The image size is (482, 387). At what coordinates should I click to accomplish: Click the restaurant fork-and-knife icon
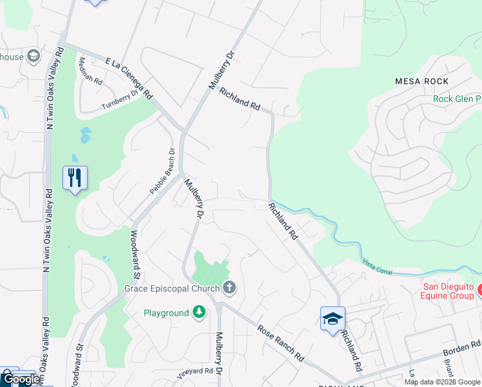coord(75,177)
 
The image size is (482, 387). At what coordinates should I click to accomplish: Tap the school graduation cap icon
coord(333,319)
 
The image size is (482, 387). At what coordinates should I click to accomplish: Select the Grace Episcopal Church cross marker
coord(228,287)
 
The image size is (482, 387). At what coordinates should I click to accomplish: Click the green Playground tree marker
coord(200,313)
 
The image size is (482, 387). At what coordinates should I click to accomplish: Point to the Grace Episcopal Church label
coord(172,287)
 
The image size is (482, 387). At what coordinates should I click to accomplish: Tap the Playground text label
coord(166,313)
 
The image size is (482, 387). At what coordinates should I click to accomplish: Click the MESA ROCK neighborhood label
coord(421,81)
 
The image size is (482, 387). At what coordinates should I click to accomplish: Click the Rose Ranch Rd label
coord(281,342)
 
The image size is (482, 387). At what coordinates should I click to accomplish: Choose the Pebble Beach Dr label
coord(162,172)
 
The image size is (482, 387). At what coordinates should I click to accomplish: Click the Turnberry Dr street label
coord(120,101)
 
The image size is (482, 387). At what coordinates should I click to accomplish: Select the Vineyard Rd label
coord(195,372)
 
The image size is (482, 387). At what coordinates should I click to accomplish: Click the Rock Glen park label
coord(457,99)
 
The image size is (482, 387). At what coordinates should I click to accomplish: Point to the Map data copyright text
coord(442,382)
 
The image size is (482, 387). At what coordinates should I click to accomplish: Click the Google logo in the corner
coord(21,379)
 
